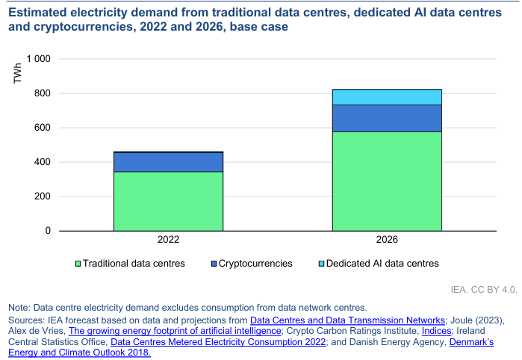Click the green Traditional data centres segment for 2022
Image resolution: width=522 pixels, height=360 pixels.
coord(168,201)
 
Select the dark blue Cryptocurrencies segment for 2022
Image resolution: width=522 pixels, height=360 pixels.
coord(168,162)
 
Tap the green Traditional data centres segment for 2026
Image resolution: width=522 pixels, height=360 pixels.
coord(387,181)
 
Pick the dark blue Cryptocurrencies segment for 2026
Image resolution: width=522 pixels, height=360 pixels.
coord(387,118)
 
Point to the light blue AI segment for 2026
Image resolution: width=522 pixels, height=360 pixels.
coord(387,96)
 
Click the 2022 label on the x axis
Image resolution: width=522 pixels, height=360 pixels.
coord(168,240)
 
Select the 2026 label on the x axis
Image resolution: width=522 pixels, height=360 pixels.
coord(387,240)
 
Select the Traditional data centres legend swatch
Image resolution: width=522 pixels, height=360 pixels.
coord(77,264)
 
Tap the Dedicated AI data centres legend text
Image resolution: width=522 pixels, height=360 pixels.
coord(382,264)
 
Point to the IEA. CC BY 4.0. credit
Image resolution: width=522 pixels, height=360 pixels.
coord(484,288)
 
